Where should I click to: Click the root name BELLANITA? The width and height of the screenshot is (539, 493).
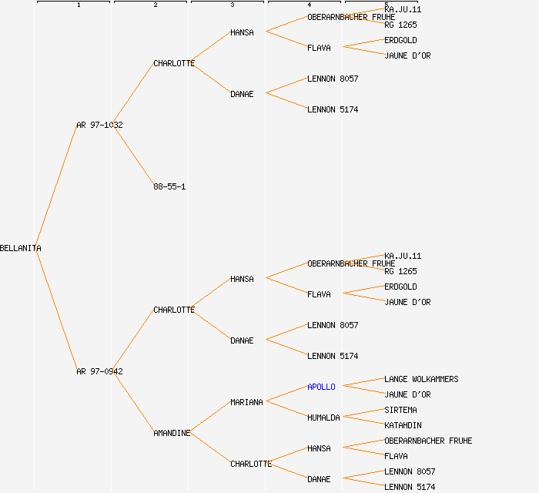(21, 248)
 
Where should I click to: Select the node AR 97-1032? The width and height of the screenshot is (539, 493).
(99, 125)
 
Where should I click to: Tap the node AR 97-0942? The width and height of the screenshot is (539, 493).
(99, 371)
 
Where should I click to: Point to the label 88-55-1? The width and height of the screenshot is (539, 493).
(169, 186)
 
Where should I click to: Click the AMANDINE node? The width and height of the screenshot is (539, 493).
(172, 433)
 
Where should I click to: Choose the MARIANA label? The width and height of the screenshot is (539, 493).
(246, 402)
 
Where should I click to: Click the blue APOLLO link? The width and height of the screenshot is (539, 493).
(321, 387)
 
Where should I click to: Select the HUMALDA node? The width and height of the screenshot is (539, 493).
(323, 418)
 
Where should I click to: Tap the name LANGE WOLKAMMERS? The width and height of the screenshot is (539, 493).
(421, 379)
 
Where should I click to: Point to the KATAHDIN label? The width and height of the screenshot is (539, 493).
(403, 425)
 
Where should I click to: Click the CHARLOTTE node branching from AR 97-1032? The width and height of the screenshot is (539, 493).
(174, 63)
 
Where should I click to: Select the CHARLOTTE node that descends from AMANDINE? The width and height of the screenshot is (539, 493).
(251, 464)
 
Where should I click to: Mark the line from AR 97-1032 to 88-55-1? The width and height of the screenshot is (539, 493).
(133, 156)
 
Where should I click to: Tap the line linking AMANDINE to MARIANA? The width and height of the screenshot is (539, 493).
(209, 418)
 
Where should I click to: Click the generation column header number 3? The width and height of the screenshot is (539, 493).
(232, 5)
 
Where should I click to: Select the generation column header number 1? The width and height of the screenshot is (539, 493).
(78, 5)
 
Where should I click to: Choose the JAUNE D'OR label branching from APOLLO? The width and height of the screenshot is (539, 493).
(407, 394)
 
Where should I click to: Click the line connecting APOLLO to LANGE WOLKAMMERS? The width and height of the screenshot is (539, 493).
(363, 383)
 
